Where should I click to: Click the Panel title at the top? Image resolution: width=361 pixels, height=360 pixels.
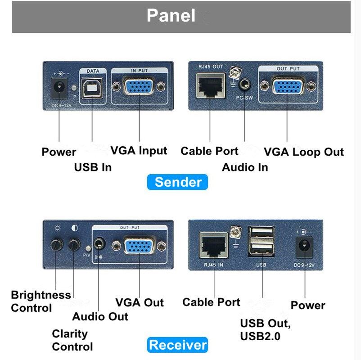(171, 16)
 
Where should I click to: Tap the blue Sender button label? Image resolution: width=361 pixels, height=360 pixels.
(178, 182)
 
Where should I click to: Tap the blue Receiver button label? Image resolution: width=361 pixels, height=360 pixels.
(178, 345)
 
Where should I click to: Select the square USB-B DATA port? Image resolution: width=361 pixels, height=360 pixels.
(92, 87)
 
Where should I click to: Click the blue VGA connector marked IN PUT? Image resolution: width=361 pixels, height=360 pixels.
(139, 86)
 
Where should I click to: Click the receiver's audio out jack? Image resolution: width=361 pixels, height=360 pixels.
(99, 244)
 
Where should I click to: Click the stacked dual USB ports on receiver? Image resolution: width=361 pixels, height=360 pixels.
(261, 241)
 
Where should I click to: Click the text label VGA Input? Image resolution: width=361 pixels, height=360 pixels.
(139, 151)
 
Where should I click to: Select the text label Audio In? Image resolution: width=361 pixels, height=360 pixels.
(245, 167)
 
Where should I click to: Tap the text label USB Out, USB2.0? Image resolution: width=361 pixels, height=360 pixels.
(266, 329)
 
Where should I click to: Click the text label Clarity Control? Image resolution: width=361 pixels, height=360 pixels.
(72, 340)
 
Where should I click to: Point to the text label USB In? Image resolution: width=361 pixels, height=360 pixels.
(92, 167)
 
